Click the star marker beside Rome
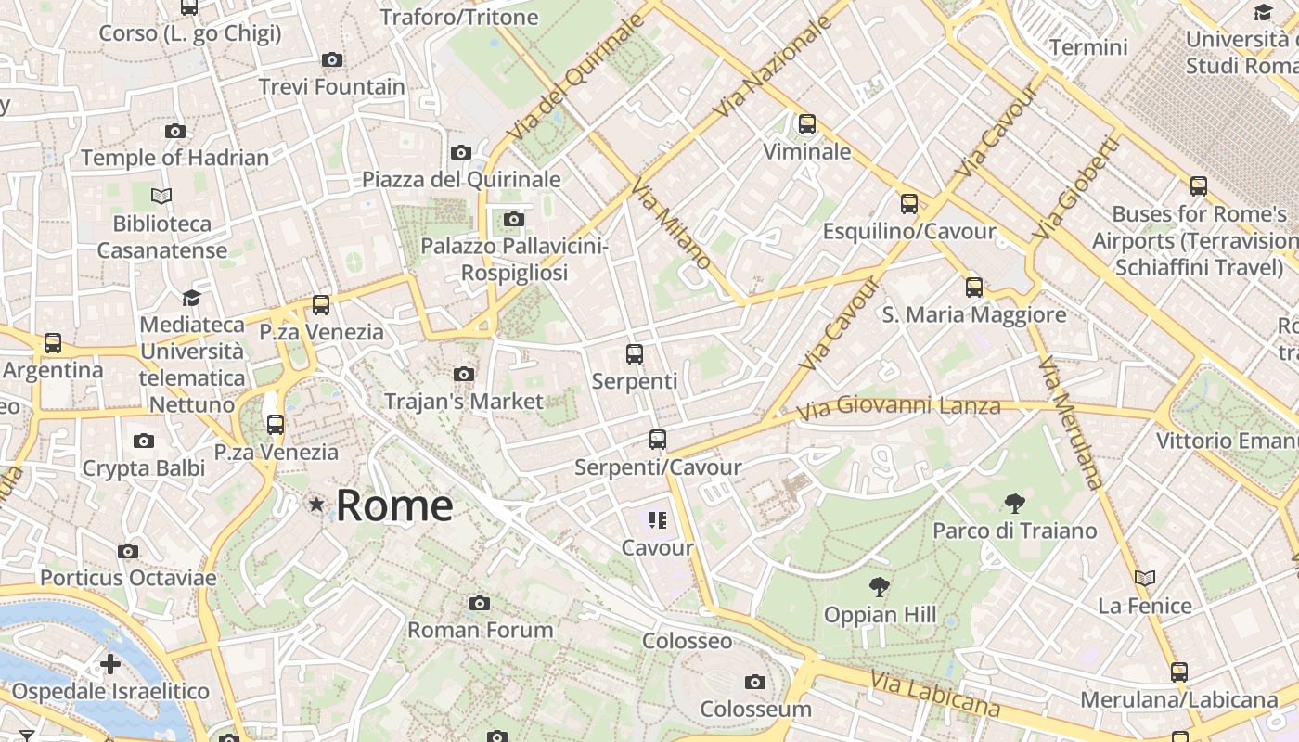click(316, 505)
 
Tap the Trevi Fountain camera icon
click(332, 60)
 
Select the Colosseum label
click(755, 709)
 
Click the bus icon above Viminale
click(807, 123)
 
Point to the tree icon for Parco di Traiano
click(1015, 504)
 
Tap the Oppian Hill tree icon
click(880, 587)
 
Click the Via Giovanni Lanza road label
click(899, 406)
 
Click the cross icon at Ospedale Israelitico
click(110, 664)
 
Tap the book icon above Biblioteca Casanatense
click(161, 197)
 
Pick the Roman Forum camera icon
click(480, 604)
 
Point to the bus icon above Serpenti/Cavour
click(658, 440)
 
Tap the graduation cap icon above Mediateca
click(192, 298)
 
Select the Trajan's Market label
click(463, 402)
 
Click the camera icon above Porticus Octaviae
click(128, 552)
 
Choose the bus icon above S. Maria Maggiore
click(974, 288)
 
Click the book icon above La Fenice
click(1145, 579)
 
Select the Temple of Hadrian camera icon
click(175, 132)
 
